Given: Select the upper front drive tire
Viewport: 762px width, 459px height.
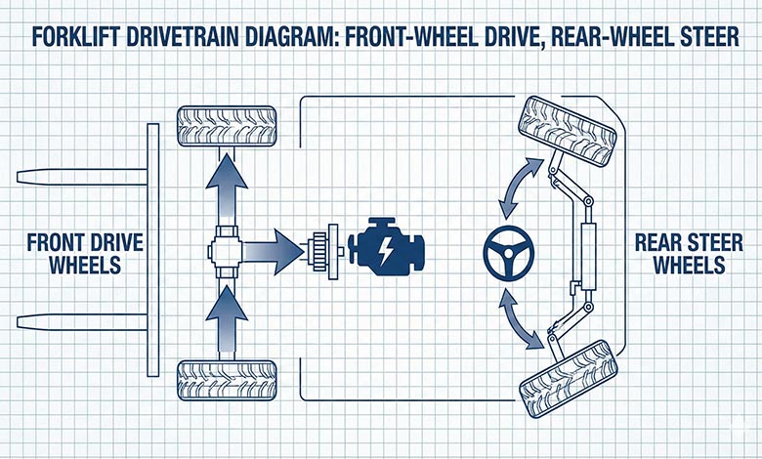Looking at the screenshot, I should click(226, 126).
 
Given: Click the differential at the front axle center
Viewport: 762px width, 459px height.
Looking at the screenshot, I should click(226, 252).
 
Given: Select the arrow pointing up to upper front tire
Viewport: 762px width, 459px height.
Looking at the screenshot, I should click(226, 186).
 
